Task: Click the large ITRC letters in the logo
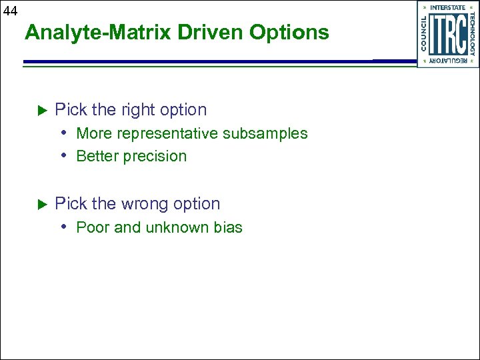447,35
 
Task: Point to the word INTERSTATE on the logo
447,8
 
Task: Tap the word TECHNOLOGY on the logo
471,35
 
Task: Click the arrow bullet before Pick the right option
39,109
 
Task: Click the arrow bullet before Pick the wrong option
39,203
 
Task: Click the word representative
167,133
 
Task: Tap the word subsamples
265,133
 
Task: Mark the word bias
228,227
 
